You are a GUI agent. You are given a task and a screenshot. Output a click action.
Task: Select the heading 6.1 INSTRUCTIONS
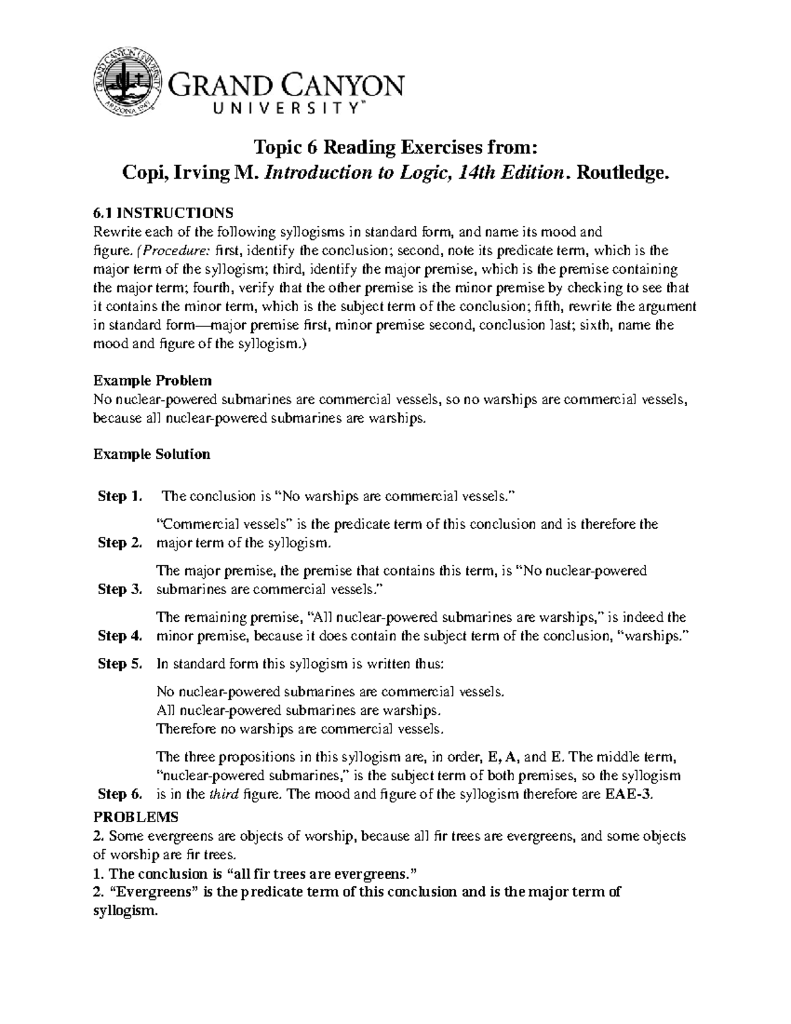pos(163,213)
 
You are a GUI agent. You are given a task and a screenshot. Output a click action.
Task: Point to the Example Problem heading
pos(152,380)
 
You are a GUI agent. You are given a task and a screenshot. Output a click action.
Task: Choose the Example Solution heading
pos(152,454)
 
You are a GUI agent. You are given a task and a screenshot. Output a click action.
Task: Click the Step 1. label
pos(119,497)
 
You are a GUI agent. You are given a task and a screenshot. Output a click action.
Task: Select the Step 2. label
pos(119,543)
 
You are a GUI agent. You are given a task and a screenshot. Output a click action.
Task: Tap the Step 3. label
pos(119,589)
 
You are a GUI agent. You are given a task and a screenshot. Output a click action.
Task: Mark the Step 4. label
pos(119,636)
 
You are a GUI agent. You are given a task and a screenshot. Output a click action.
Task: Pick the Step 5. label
pos(119,664)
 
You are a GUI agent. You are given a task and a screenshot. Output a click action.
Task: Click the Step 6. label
pos(119,795)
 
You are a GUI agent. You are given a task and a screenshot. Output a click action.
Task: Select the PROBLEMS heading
pos(136,818)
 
